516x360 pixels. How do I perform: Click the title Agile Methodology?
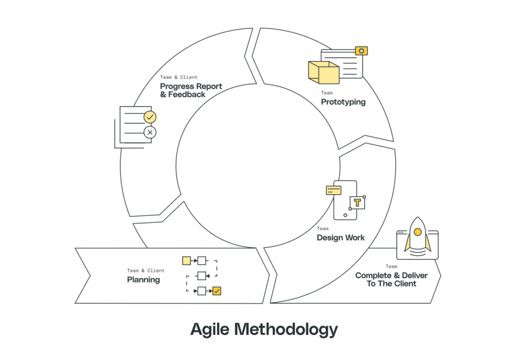click(264, 329)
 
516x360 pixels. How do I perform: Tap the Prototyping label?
click(343, 102)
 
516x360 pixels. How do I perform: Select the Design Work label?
click(341, 237)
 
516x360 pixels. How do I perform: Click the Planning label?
click(143, 279)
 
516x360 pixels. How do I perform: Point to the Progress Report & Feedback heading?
click(191, 90)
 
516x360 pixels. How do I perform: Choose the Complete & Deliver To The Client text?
click(391, 279)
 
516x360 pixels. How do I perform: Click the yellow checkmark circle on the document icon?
click(150, 117)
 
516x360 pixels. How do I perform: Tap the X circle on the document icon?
click(150, 133)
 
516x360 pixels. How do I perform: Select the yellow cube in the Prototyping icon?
click(323, 73)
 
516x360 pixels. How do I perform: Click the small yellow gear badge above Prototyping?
click(361, 50)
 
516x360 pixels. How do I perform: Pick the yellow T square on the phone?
click(357, 203)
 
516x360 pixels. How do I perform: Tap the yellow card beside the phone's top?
click(334, 190)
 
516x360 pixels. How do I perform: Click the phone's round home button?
click(345, 215)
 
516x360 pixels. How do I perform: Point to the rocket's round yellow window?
click(417, 232)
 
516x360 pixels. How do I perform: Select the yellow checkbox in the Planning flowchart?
click(217, 290)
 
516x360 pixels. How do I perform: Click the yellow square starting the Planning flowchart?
click(186, 261)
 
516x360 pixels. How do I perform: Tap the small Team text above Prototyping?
click(327, 93)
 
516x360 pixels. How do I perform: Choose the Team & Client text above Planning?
click(146, 271)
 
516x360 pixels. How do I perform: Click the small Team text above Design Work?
click(322, 228)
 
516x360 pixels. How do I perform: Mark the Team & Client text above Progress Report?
click(179, 77)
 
